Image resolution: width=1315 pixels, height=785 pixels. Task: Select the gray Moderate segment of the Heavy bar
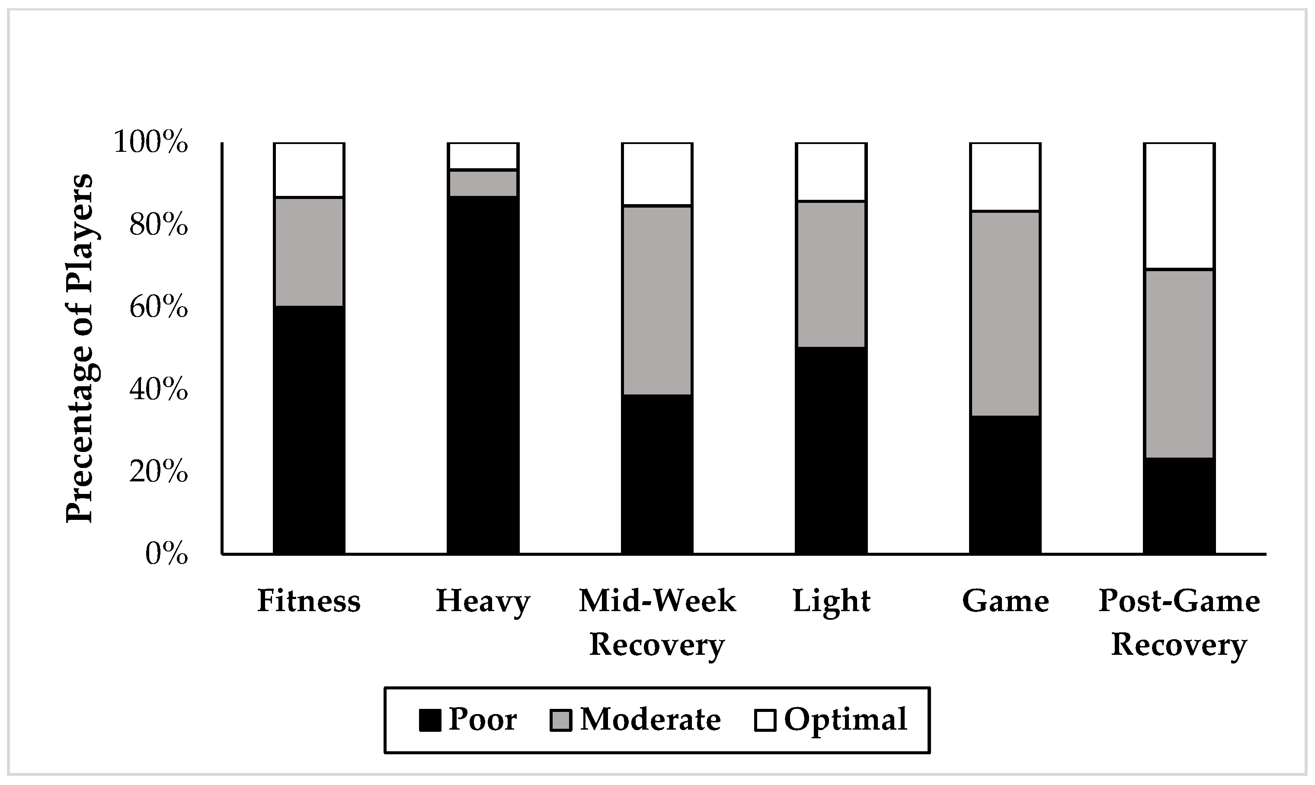click(x=483, y=183)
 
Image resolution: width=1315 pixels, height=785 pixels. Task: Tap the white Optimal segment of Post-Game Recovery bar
click(x=1179, y=206)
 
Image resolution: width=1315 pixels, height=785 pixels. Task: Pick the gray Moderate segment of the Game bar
click(x=1005, y=314)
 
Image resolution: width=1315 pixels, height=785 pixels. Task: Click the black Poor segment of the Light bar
click(x=831, y=450)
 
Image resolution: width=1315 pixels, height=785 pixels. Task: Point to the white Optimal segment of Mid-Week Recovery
click(x=657, y=174)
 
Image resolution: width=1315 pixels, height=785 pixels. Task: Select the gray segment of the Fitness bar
click(x=309, y=252)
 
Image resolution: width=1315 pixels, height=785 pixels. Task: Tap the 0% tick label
click(x=166, y=554)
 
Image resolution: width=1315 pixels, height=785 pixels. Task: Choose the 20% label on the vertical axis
click(x=159, y=472)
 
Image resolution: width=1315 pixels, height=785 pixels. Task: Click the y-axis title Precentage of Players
click(x=79, y=348)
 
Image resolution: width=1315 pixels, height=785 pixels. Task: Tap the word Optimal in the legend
click(x=845, y=719)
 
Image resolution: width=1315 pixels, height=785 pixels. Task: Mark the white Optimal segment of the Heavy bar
click(x=483, y=156)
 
